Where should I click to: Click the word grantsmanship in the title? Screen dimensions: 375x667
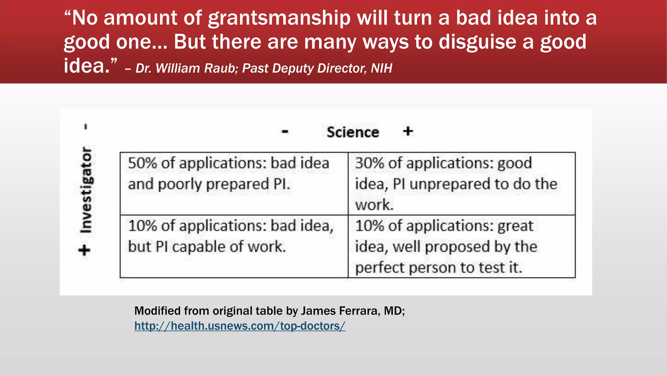(x=279, y=18)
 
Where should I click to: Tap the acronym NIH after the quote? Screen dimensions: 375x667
(x=381, y=68)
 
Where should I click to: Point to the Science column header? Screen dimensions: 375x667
(x=353, y=132)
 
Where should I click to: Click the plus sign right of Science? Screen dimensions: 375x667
(x=408, y=132)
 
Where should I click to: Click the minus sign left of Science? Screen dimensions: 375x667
(x=285, y=132)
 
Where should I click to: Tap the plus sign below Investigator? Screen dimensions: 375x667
(x=85, y=250)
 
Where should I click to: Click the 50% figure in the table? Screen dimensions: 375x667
(x=142, y=163)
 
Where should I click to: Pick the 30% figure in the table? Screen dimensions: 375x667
(x=369, y=163)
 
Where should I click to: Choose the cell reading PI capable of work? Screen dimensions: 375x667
(x=234, y=246)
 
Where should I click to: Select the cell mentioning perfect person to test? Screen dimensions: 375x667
(x=461, y=246)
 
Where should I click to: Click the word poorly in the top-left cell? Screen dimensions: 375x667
(x=180, y=185)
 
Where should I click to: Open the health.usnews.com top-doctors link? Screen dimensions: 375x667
(x=240, y=326)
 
